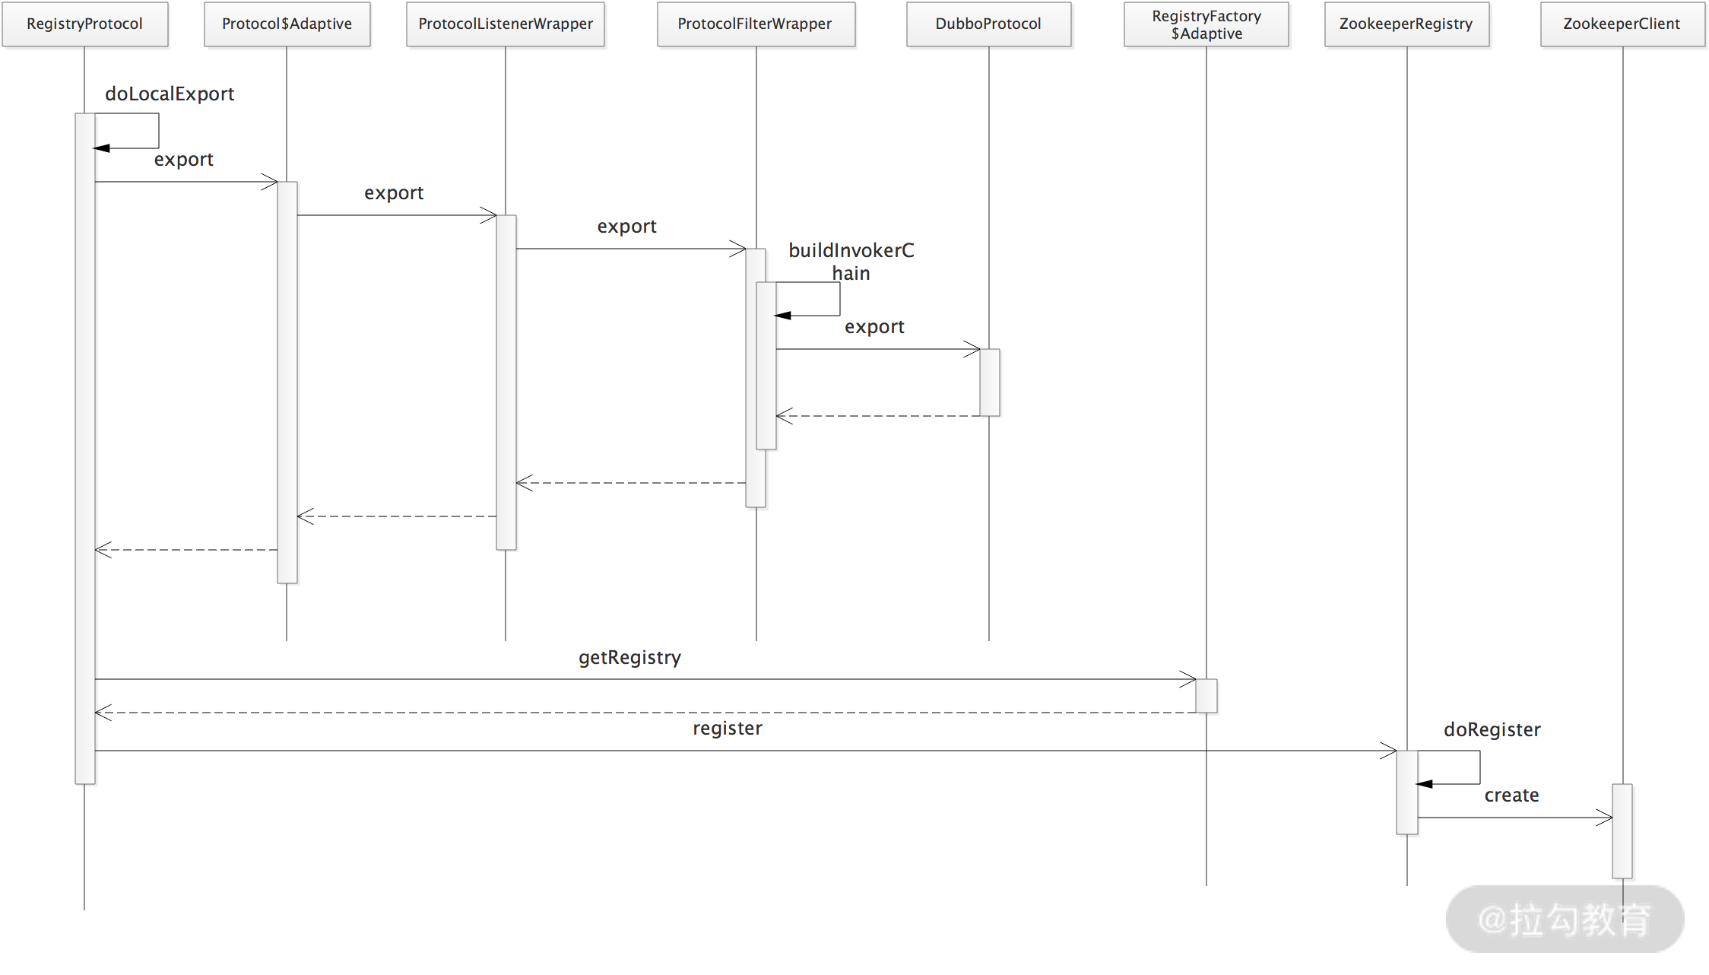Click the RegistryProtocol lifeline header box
click(84, 24)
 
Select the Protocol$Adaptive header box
click(287, 24)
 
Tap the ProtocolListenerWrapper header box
click(506, 24)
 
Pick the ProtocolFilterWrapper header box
click(755, 24)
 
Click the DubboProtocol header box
click(988, 24)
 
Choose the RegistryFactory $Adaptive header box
click(1206, 24)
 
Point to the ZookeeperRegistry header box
click(1406, 24)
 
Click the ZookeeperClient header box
click(1622, 24)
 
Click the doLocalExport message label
click(170, 94)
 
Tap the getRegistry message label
click(629, 657)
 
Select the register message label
click(727, 728)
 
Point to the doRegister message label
click(1492, 729)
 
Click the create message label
click(1511, 795)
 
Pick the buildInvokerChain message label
click(851, 262)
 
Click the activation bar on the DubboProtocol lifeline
click(989, 382)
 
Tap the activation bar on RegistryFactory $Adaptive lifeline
click(1206, 695)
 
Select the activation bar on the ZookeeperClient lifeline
click(1622, 830)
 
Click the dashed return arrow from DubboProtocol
click(878, 416)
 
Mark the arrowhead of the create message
click(1605, 818)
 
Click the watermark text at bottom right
click(1565, 919)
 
